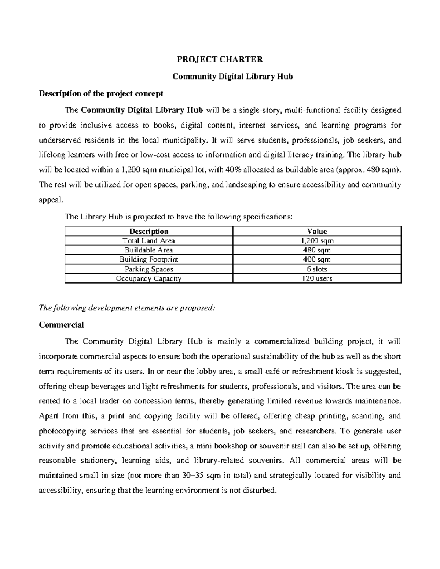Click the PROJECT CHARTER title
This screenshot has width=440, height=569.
(x=220, y=59)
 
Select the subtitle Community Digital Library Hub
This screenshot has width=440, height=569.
(x=233, y=77)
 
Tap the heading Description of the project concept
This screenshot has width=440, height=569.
(x=101, y=93)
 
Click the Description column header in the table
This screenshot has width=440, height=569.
(x=149, y=231)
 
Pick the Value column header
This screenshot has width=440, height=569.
(x=317, y=231)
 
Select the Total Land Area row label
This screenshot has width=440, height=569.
(x=149, y=241)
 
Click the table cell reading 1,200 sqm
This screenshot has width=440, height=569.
(x=317, y=241)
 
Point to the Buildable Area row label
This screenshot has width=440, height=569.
(x=149, y=250)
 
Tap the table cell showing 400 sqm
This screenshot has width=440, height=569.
(x=317, y=259)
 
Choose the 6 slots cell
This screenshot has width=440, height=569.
(x=317, y=269)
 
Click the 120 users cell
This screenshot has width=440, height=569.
(x=317, y=278)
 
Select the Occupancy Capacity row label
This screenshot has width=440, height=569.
(x=149, y=278)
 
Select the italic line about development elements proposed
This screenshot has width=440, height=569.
(x=126, y=308)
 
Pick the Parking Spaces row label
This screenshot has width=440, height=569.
(x=149, y=269)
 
